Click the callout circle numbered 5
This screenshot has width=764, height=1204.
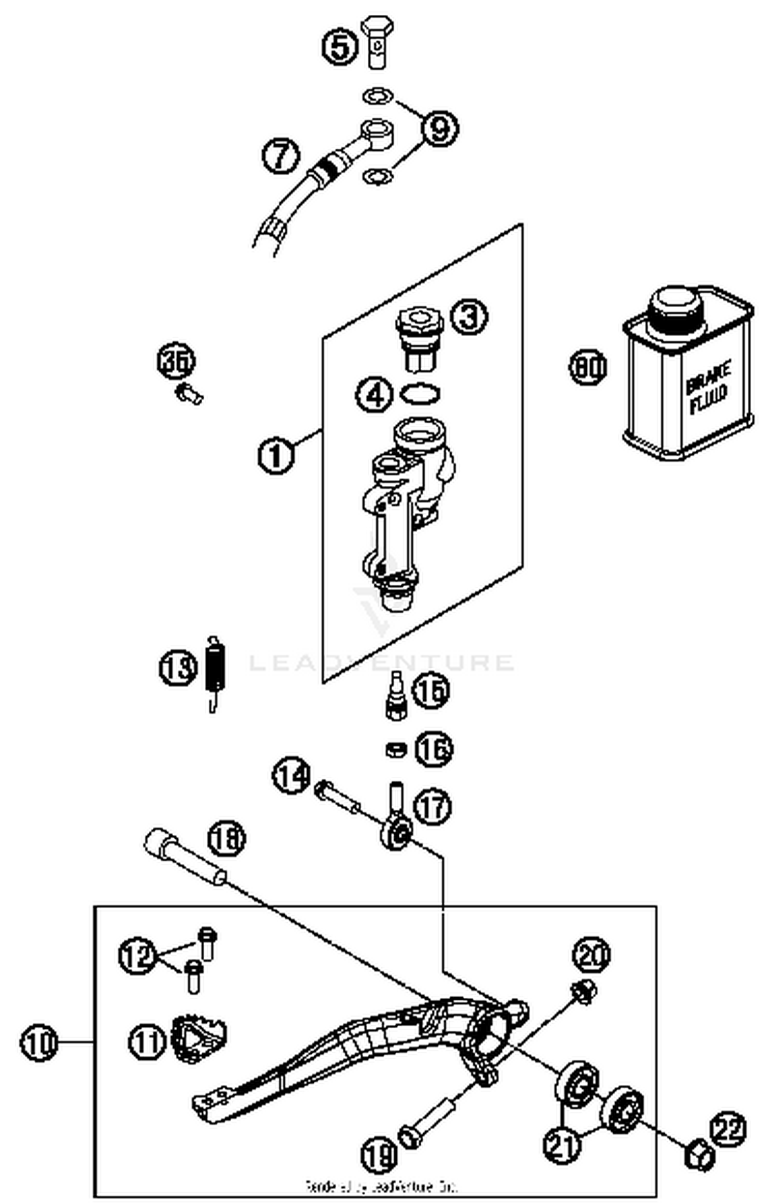pyautogui.click(x=340, y=48)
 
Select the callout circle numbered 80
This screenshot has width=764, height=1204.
pyautogui.click(x=587, y=367)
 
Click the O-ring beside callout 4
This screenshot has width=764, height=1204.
pyautogui.click(x=420, y=394)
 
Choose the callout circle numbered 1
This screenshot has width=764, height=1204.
pyautogui.click(x=276, y=455)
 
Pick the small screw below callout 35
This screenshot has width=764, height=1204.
pyautogui.click(x=189, y=394)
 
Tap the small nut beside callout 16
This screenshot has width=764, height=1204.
pyautogui.click(x=395, y=750)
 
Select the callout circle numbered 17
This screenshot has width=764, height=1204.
pyautogui.click(x=432, y=806)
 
